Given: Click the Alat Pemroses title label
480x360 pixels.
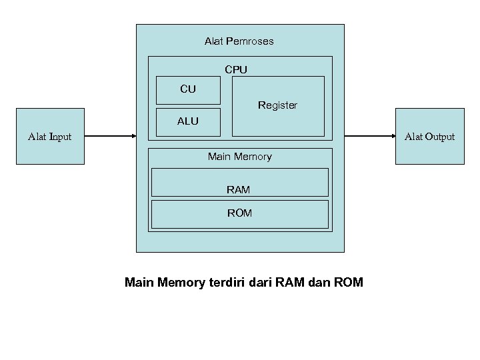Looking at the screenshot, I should click(x=239, y=41).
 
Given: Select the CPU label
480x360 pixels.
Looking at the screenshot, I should click(x=236, y=69).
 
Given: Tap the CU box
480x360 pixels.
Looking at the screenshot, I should click(x=188, y=90).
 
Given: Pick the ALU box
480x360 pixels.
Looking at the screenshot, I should click(x=188, y=122).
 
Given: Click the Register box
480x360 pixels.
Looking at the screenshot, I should click(x=277, y=106).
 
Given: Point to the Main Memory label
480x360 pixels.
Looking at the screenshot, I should click(x=239, y=157).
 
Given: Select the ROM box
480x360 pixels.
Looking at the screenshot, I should click(x=239, y=214).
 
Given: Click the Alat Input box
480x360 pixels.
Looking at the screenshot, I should click(x=50, y=136).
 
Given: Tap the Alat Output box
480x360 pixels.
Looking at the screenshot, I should click(x=429, y=136).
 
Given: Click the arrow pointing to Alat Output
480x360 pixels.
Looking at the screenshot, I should click(x=370, y=136).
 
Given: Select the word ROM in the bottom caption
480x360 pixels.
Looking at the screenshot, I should click(x=348, y=282).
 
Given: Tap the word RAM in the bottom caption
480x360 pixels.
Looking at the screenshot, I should click(x=293, y=282).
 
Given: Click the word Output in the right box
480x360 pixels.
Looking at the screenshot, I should click(x=439, y=137).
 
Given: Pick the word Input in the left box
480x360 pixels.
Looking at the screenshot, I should click(x=60, y=137).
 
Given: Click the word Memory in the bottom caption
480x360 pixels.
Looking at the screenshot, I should click(x=182, y=282).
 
